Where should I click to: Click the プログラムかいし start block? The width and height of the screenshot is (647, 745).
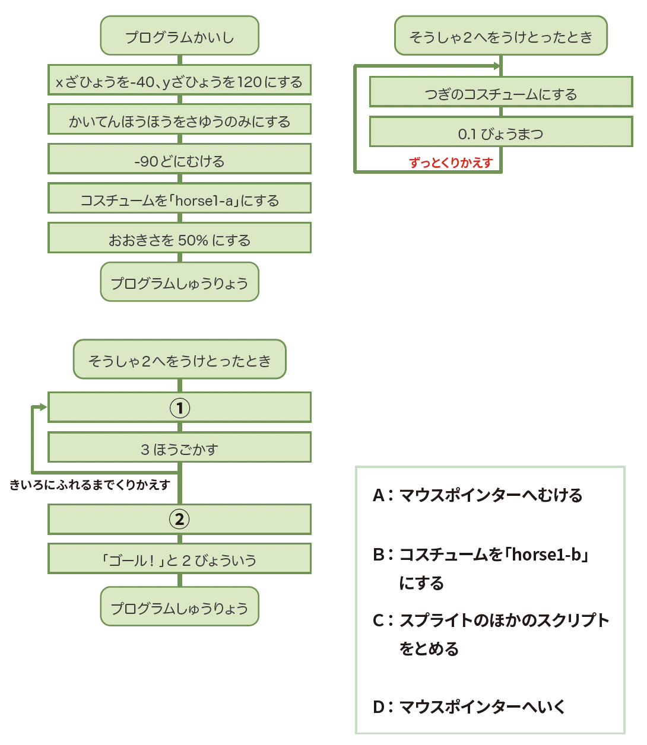click(179, 36)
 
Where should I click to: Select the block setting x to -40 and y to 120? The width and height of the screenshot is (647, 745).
click(179, 81)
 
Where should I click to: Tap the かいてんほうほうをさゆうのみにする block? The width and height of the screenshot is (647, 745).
click(179, 120)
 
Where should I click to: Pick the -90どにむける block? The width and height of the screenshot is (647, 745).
click(179, 160)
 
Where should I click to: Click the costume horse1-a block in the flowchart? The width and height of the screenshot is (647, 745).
click(179, 200)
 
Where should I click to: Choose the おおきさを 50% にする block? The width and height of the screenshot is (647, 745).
click(179, 239)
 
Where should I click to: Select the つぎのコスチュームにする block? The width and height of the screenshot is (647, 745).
click(500, 93)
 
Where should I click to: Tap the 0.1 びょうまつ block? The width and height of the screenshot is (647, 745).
click(500, 133)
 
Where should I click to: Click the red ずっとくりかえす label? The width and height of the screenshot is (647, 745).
click(451, 163)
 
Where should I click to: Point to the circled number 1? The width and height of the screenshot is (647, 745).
click(180, 408)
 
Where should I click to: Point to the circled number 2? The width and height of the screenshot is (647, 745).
click(180, 520)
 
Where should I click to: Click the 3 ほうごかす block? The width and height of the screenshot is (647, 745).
click(179, 448)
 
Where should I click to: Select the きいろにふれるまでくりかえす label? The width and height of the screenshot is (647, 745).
click(90, 485)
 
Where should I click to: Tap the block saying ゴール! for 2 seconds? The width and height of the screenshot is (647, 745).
click(179, 559)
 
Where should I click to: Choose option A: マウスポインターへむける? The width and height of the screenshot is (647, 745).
click(478, 495)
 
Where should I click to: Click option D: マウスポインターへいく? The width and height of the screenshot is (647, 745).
click(469, 707)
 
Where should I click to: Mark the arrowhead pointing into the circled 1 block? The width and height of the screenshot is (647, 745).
click(43, 407)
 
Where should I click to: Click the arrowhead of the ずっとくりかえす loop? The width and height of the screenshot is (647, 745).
click(496, 66)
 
